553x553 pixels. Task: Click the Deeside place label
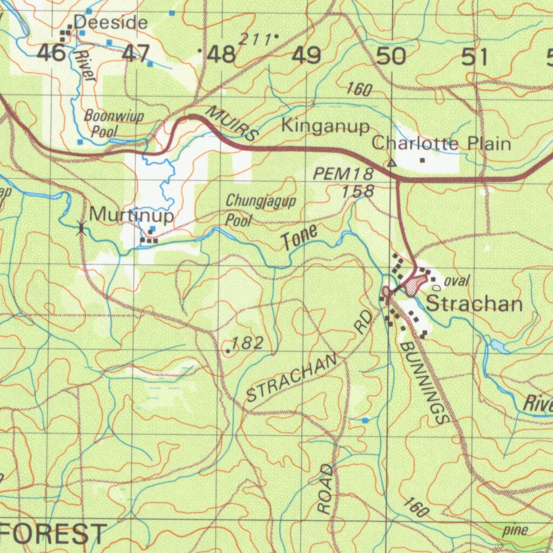click(110, 23)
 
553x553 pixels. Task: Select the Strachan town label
click(474, 304)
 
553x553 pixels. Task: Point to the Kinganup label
click(326, 126)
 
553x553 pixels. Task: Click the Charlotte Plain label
click(441, 144)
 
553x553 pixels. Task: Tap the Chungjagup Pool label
click(260, 210)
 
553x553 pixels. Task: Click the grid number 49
click(307, 56)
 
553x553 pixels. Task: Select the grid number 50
click(391, 56)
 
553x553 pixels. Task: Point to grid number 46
click(52, 53)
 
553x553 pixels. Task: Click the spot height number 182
click(247, 343)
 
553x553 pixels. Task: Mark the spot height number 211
click(255, 39)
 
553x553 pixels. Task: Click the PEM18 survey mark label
click(343, 174)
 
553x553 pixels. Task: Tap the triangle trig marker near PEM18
click(392, 163)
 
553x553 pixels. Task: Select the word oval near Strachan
click(457, 281)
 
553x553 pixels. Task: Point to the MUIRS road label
click(232, 124)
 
